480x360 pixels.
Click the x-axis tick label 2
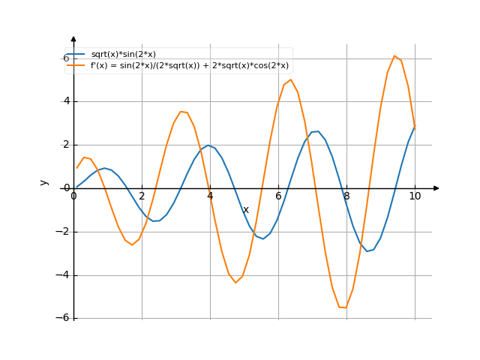coord(142,196)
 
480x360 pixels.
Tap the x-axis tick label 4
coord(210,196)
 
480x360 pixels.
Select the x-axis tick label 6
coord(278,196)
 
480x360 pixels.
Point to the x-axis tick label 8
coord(346,196)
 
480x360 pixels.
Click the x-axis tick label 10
coord(415,196)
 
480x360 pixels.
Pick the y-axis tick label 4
coord(66,101)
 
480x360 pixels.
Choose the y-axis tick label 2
coord(66,145)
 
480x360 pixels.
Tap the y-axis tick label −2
coord(64,232)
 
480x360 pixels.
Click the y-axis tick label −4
coord(64,275)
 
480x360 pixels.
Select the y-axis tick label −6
coord(64,318)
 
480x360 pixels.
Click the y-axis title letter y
coord(44,182)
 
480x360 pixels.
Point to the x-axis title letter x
coord(245,210)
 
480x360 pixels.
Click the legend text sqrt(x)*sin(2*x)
coord(123,54)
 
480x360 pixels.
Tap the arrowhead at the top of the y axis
coord(73,38)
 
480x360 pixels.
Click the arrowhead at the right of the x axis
coord(436,188)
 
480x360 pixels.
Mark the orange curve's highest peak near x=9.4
coord(394,55)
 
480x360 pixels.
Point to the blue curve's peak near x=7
coord(316,131)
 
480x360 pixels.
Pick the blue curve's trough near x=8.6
coord(367,251)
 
